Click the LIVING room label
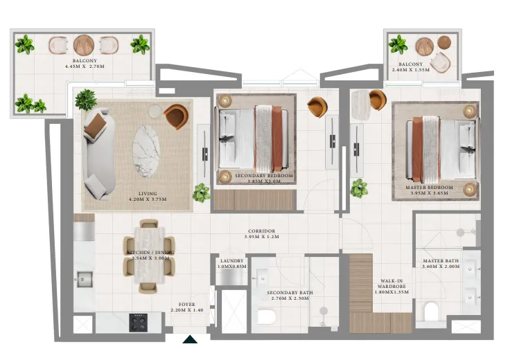(x=147, y=194)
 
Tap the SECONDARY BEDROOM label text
(x=263, y=177)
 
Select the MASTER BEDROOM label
(x=429, y=188)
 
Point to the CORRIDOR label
(x=261, y=231)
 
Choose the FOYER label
(x=186, y=305)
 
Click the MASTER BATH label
(x=441, y=261)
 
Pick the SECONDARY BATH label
(x=290, y=293)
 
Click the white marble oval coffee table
(x=146, y=150)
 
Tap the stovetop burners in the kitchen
(x=139, y=321)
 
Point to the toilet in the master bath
(x=431, y=312)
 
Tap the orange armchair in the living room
(x=176, y=116)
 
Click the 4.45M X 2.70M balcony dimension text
(x=83, y=67)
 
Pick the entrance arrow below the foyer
(x=190, y=339)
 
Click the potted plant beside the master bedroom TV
(x=359, y=188)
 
